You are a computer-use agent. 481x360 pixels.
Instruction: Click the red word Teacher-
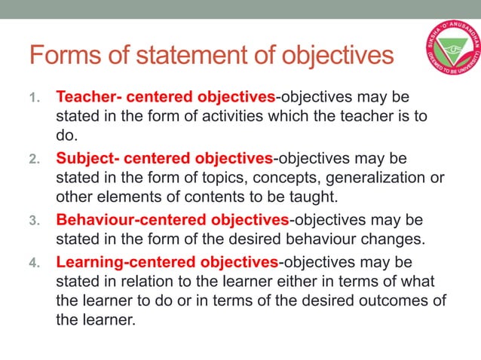(x=86, y=98)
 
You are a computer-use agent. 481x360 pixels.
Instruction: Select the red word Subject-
(x=86, y=159)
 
